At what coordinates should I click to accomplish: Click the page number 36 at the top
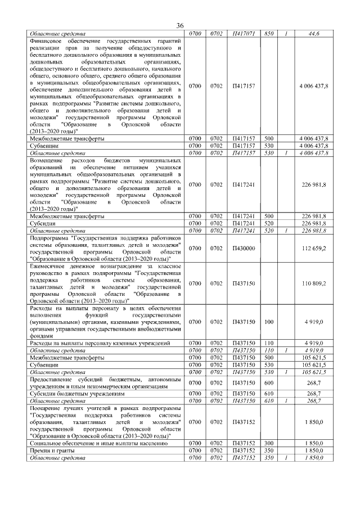click(x=180, y=26)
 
